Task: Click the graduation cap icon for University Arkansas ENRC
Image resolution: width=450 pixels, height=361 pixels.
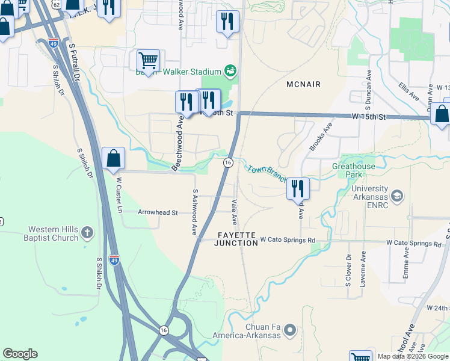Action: (x=397, y=196)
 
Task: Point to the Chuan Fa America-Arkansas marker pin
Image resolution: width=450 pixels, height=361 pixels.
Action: (x=290, y=330)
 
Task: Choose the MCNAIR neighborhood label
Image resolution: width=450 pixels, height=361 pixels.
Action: (x=303, y=84)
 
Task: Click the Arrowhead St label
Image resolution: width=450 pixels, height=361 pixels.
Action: (x=158, y=212)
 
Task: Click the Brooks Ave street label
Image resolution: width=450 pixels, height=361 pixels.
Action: (x=320, y=137)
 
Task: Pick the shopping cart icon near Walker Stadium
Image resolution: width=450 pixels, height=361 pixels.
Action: (x=148, y=60)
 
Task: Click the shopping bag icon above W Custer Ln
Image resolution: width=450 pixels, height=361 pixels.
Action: (x=113, y=158)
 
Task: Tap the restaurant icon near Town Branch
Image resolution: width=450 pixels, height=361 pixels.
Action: (x=297, y=188)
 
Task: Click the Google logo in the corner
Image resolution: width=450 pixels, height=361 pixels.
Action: (x=20, y=354)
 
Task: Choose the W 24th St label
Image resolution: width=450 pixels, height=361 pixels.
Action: (x=437, y=307)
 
